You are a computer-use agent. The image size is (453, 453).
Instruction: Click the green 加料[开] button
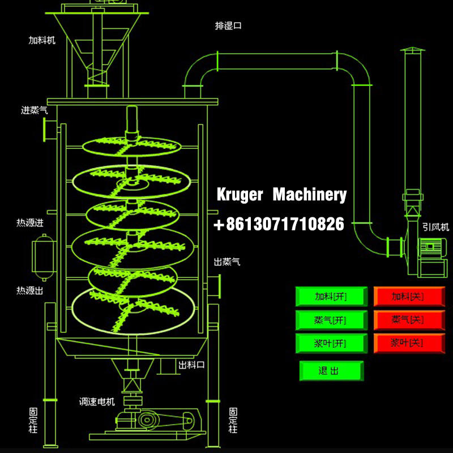331,296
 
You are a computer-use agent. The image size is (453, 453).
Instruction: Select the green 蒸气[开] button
331,320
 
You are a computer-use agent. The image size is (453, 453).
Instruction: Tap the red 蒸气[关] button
408,320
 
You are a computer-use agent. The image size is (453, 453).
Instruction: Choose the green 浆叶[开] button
331,343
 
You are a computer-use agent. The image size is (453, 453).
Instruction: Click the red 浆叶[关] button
408,343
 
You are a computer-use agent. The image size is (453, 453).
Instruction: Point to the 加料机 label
42,40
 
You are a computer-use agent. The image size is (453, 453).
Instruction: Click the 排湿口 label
228,25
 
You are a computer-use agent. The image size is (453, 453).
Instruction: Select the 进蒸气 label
35,110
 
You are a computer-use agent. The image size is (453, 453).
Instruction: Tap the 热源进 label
30,223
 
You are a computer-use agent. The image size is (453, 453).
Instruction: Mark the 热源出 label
30,290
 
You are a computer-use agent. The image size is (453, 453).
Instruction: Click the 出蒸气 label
227,262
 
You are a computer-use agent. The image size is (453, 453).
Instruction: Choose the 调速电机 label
97,402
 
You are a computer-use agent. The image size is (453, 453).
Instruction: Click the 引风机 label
435,227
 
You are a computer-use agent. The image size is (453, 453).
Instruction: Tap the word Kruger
240,195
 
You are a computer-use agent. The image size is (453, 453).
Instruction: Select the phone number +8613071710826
279,224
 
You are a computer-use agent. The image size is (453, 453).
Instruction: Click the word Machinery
309,195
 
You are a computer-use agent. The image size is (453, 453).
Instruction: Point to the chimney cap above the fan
412,52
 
